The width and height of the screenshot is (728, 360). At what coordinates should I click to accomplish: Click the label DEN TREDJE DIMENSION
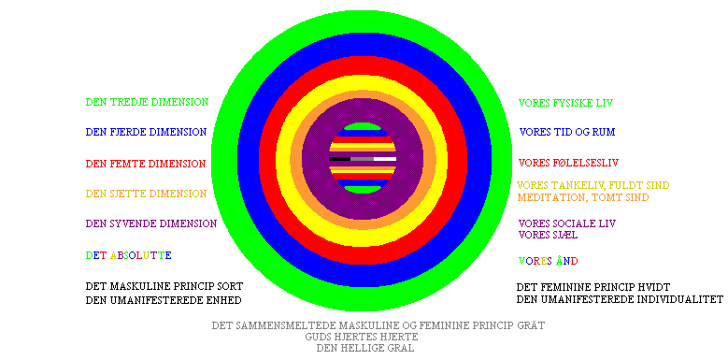click(x=147, y=102)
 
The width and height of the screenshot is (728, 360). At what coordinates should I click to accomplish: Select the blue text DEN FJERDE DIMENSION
click(x=146, y=132)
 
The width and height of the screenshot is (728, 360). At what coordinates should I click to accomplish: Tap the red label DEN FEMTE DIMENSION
click(x=146, y=164)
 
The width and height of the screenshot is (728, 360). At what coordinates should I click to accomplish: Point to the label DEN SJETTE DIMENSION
click(x=146, y=194)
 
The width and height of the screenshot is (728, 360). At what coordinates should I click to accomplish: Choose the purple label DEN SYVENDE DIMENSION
click(x=151, y=223)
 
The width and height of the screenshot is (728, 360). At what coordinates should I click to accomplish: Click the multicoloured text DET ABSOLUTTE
click(x=129, y=255)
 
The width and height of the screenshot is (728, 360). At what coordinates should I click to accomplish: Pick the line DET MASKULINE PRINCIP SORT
click(x=164, y=286)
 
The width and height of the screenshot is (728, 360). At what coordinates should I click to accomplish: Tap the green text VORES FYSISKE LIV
click(x=565, y=103)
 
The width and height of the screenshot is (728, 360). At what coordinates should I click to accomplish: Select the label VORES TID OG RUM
click(x=567, y=132)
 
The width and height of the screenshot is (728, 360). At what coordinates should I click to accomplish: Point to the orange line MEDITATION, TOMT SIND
click(x=582, y=197)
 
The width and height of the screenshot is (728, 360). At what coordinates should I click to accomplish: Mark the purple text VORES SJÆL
click(x=548, y=235)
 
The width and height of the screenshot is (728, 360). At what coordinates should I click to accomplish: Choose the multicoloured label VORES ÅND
click(x=548, y=261)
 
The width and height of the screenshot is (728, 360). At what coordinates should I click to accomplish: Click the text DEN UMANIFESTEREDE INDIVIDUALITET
click(x=620, y=298)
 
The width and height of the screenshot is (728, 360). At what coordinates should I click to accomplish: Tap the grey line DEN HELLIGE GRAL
click(x=364, y=348)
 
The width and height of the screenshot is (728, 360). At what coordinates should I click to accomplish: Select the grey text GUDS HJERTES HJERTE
click(x=362, y=337)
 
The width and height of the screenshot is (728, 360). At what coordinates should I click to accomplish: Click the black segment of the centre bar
click(x=339, y=159)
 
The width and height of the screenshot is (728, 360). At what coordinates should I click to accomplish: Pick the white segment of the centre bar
click(x=385, y=159)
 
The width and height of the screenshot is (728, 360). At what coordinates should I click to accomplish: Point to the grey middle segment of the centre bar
click(x=363, y=159)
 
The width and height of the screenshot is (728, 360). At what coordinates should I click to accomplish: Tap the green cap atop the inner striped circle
click(x=363, y=126)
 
